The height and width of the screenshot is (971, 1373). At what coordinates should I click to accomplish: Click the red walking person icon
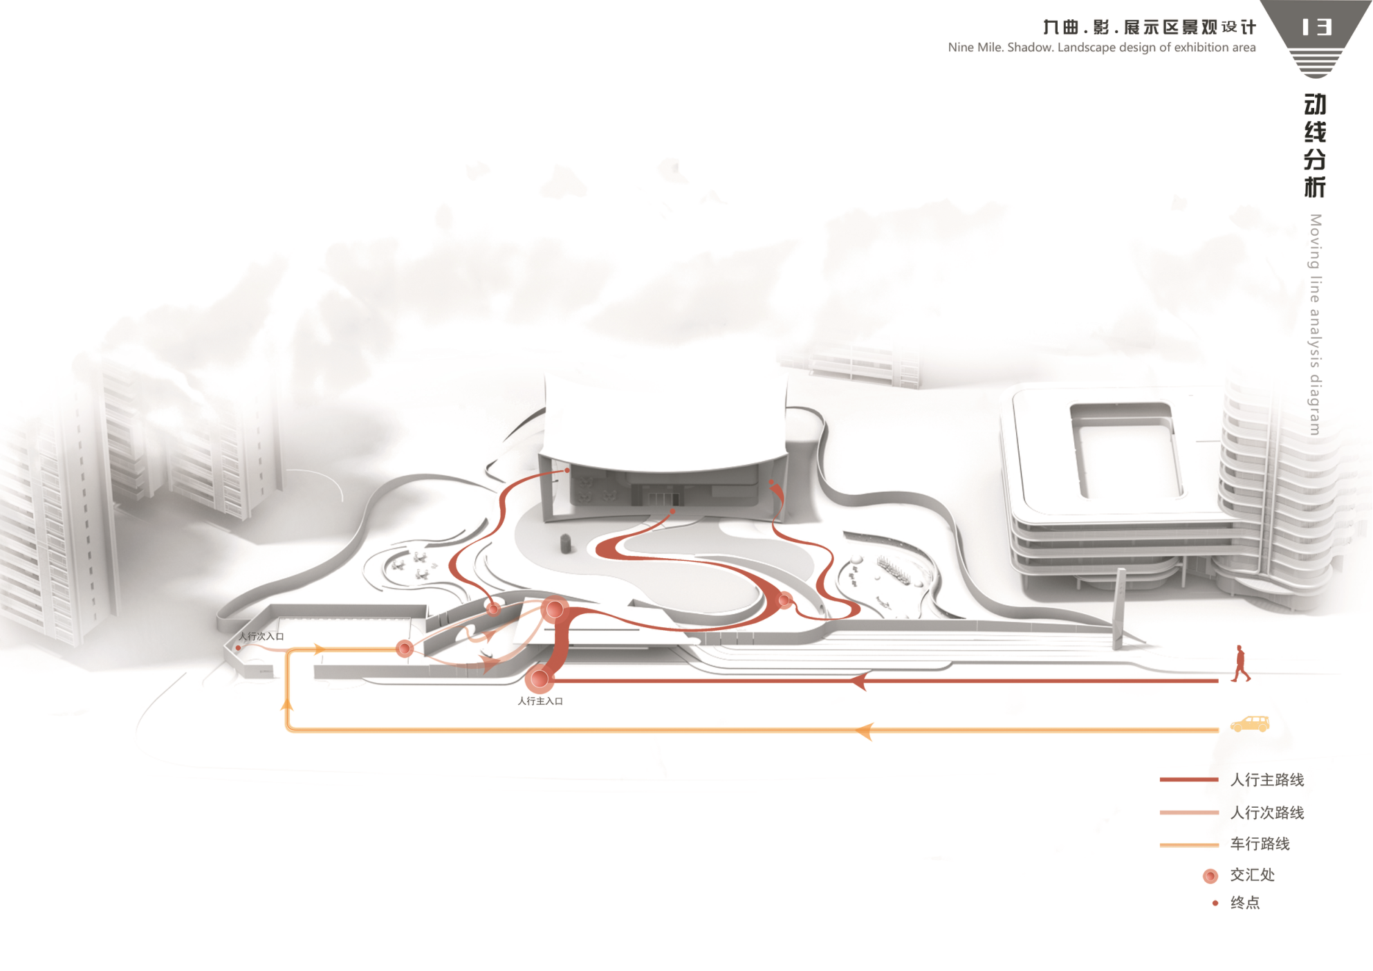point(1240,664)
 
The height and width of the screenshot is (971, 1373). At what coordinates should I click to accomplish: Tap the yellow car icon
point(1250,724)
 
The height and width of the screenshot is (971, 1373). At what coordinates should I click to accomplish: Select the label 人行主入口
point(540,701)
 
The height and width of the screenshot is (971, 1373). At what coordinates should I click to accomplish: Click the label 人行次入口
point(261,636)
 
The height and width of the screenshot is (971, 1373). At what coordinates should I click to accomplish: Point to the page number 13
point(1316,27)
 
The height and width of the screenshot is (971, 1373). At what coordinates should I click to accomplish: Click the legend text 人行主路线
point(1267,780)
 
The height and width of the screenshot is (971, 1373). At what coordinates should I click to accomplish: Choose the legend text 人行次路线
point(1267,813)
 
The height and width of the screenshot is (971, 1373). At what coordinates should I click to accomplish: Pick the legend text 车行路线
point(1260,844)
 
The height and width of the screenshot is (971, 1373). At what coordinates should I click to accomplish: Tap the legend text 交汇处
point(1252,875)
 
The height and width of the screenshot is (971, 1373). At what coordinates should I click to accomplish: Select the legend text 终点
point(1245,903)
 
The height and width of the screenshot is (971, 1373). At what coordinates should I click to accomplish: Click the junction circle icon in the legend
point(1210,876)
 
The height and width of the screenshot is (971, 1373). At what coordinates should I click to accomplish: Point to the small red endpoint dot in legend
point(1215,903)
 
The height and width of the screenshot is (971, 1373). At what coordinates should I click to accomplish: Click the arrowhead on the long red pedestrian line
point(859,681)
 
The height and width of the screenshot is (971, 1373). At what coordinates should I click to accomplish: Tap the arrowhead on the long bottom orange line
point(864,730)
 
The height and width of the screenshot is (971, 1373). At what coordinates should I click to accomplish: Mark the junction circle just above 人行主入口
point(540,679)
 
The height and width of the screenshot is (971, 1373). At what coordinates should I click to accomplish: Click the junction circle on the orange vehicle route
point(405,648)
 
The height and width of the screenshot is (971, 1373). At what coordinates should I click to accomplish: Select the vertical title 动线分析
point(1315,145)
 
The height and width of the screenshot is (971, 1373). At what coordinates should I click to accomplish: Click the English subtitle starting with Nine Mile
point(1101,48)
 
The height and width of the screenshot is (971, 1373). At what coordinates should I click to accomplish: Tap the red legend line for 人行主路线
point(1188,780)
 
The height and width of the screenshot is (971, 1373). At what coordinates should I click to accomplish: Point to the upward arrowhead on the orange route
point(287,703)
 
